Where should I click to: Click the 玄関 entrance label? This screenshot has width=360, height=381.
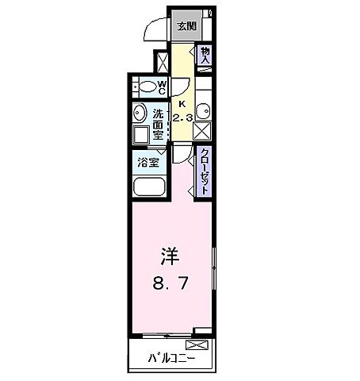click(187, 26)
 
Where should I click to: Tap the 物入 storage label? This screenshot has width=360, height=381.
click(204, 56)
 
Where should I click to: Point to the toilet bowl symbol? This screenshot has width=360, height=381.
click(144, 86)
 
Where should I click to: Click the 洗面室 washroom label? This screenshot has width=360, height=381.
click(159, 124)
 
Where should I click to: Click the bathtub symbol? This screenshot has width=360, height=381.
click(148, 188)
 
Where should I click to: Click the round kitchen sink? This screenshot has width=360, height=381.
click(202, 110)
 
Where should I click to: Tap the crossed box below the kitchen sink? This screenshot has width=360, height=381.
click(202, 132)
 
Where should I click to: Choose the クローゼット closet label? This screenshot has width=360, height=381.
click(204, 172)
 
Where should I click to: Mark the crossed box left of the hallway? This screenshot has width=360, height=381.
click(162, 63)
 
